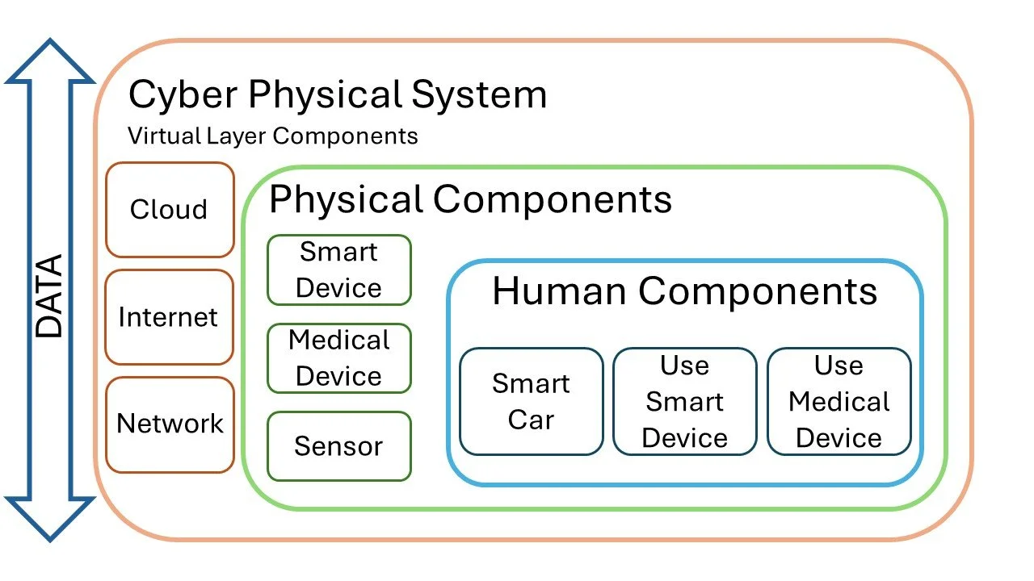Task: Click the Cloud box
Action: coord(170,210)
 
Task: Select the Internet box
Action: coord(169,317)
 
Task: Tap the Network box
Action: coord(170,424)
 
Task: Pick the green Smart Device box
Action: coord(339,270)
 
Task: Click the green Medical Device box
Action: coord(339,358)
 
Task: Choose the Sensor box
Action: coord(339,446)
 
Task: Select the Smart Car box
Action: coord(532,402)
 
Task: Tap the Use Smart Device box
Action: coord(685,402)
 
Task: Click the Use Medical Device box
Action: coord(839,402)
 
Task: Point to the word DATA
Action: coord(50,296)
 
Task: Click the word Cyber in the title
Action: coord(183,95)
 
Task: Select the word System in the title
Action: coord(479,95)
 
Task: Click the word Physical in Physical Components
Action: coord(346,199)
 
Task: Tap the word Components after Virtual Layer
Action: coord(345,136)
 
